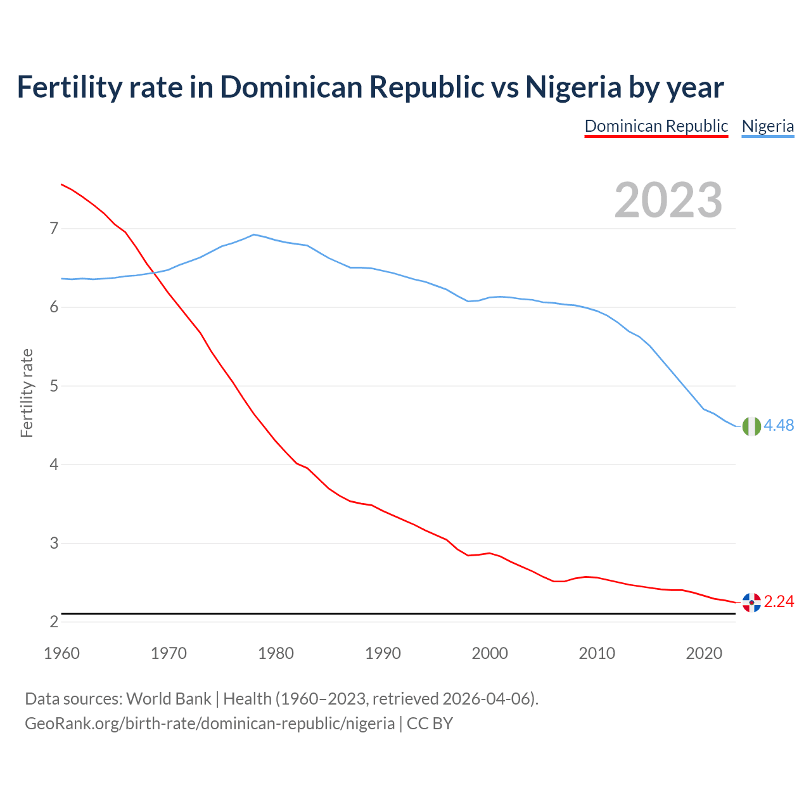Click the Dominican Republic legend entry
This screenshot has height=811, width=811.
[x=656, y=126]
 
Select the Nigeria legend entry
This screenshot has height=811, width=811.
[x=767, y=126]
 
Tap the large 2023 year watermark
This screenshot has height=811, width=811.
[x=668, y=200]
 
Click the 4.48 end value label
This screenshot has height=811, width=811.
[x=779, y=426]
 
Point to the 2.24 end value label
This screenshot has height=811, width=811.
[x=779, y=602]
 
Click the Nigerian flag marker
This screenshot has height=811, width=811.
[x=751, y=426]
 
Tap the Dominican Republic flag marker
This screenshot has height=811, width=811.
[x=751, y=603]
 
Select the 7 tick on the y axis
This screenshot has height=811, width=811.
[x=53, y=228]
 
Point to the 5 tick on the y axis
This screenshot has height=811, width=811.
[x=53, y=386]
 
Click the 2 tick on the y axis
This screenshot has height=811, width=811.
[x=53, y=622]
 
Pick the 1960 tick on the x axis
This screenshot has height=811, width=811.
[x=61, y=653]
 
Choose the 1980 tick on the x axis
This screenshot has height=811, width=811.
[x=276, y=653]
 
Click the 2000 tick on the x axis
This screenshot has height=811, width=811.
[x=490, y=653]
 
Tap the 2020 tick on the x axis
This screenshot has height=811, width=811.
[x=704, y=653]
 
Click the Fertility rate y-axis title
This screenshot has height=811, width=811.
[x=27, y=393]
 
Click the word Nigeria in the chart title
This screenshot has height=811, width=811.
[x=573, y=87]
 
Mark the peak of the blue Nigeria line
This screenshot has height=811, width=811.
[x=254, y=234]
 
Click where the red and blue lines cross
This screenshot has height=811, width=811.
[x=153, y=273]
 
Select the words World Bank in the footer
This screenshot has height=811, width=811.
[x=169, y=699]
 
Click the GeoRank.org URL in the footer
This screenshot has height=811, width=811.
[x=209, y=724]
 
